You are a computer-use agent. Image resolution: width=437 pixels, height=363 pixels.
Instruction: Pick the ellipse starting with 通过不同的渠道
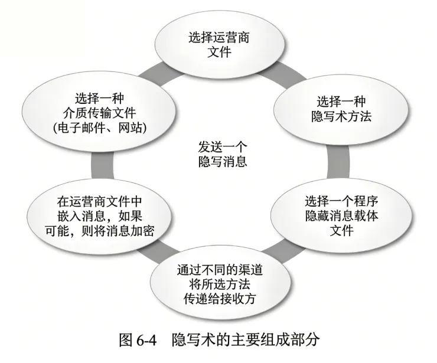tap(219, 283)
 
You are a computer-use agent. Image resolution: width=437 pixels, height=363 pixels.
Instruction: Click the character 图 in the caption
tap(123, 341)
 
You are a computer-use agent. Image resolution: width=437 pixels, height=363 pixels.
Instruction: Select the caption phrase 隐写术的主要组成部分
tap(244, 341)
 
